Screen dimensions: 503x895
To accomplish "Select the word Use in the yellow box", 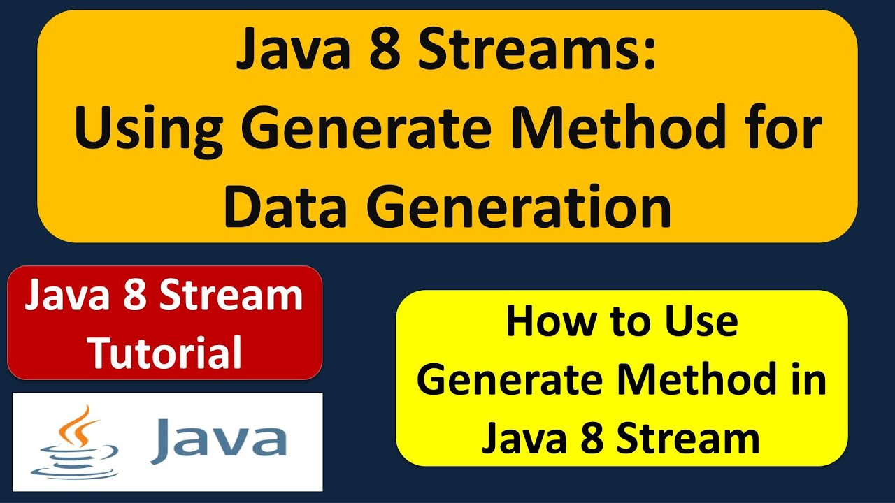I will point(701,322).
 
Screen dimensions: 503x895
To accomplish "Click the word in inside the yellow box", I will point(810,381).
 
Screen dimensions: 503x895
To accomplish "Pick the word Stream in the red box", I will point(231,296).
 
